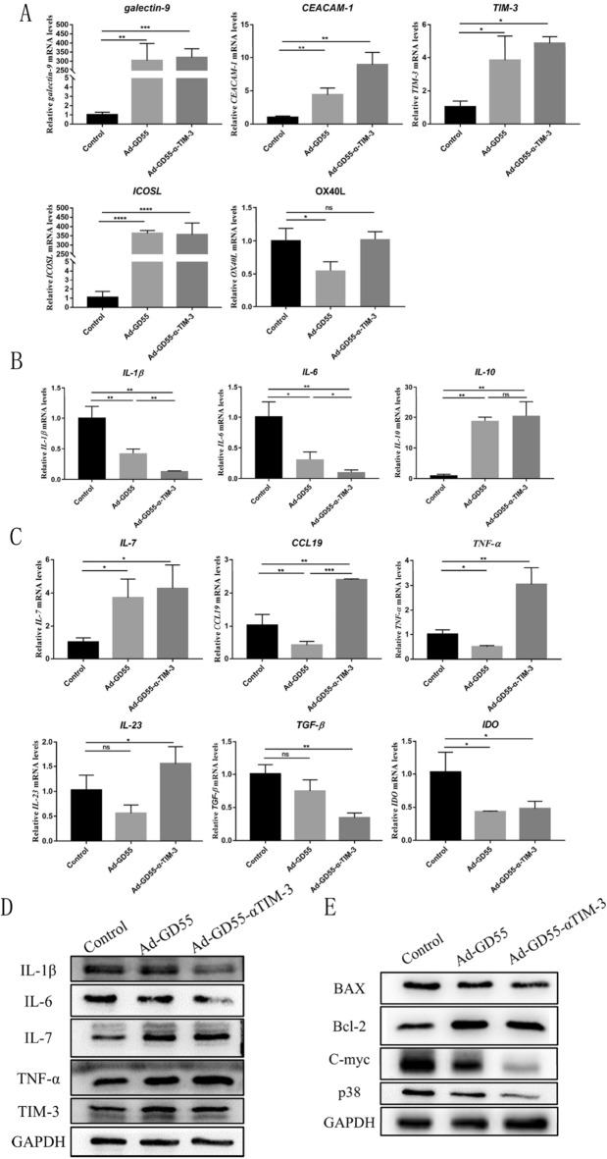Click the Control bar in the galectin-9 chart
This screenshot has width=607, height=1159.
pyautogui.click(x=75, y=118)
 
